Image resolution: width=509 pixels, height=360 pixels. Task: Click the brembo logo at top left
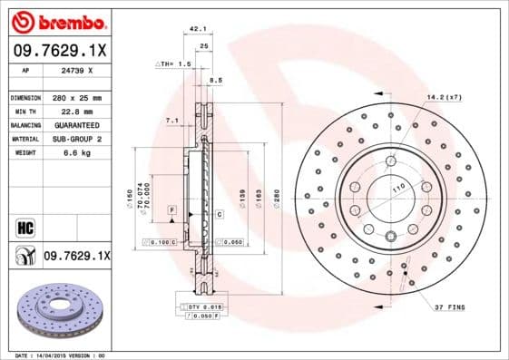(56, 20)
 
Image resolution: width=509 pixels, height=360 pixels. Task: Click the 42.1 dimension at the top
(195, 29)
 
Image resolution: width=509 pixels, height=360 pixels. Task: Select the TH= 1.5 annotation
(173, 65)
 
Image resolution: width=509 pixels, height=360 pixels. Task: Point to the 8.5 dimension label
(216, 82)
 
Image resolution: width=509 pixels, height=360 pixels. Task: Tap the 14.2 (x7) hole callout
(445, 96)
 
